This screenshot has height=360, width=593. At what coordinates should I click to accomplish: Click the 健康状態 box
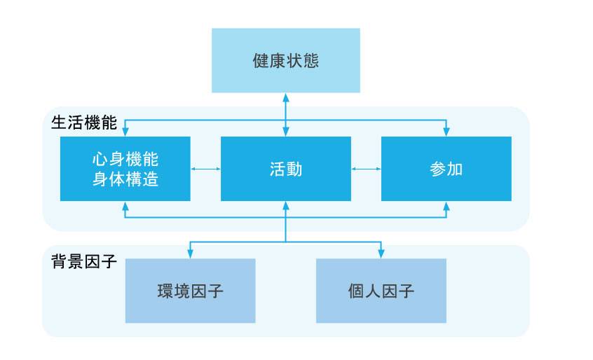(x=285, y=61)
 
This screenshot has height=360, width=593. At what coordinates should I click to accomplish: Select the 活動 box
(x=285, y=169)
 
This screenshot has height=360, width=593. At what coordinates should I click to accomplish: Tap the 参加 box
(x=446, y=169)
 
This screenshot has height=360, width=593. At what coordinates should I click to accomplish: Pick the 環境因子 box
(x=190, y=291)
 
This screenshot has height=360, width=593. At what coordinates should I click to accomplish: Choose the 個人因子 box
(x=381, y=291)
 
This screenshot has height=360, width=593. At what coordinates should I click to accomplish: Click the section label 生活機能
(x=84, y=121)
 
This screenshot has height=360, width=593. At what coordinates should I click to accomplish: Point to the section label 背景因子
(x=84, y=261)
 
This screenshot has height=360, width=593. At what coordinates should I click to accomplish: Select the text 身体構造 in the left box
(x=125, y=179)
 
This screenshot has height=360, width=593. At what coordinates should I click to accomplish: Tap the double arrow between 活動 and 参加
(x=366, y=169)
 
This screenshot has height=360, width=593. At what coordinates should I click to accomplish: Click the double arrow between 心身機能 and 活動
(x=205, y=169)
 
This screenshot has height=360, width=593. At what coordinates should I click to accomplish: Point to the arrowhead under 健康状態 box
(x=285, y=97)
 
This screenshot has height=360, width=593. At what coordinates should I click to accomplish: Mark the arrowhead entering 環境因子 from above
(x=190, y=254)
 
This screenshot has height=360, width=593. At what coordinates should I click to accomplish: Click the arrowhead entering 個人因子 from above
(x=381, y=254)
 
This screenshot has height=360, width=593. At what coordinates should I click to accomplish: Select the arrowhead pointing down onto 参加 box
(x=446, y=132)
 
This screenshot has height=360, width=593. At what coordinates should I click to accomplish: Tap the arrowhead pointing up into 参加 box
(x=446, y=205)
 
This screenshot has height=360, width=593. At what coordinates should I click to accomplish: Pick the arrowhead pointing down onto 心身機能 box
(x=125, y=132)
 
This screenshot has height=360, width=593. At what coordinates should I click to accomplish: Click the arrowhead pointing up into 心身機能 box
(x=125, y=205)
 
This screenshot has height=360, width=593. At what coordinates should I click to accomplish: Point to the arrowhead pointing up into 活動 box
(x=285, y=205)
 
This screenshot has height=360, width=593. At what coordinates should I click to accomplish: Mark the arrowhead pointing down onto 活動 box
(x=285, y=132)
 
